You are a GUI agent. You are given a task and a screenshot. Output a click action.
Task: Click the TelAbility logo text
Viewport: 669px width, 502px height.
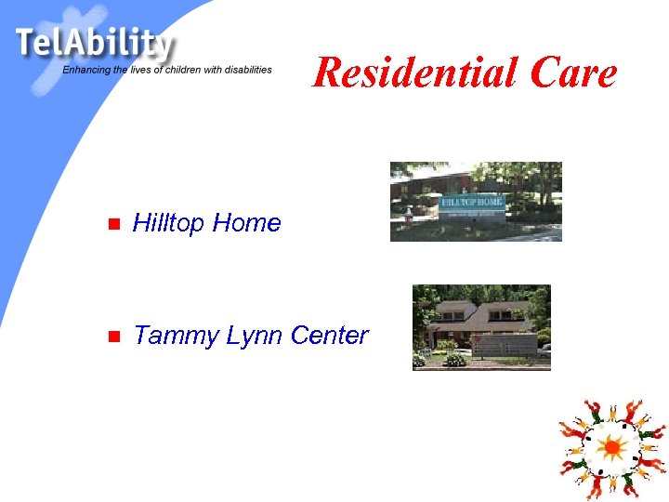pos(93,44)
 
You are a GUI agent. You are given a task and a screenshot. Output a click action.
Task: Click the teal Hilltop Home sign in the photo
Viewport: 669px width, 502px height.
pos(472,202)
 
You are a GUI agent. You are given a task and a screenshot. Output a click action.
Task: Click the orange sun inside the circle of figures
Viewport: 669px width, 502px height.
pos(611,448)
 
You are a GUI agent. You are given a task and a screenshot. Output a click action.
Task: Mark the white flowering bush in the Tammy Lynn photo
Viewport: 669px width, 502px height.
pos(454,360)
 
